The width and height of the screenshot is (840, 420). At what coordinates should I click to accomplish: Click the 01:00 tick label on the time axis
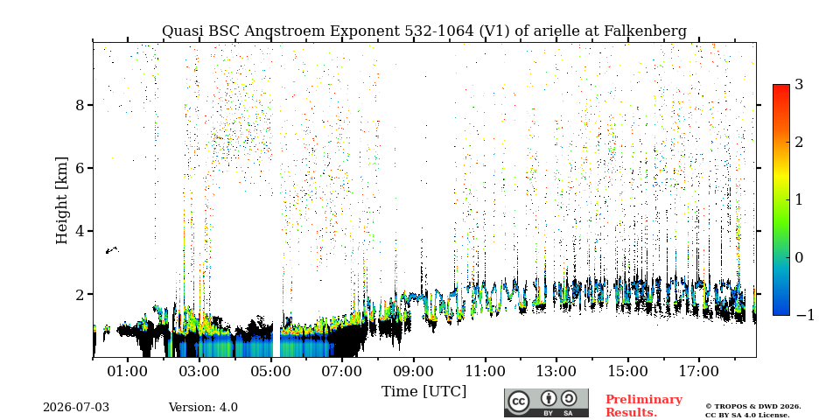(x=128, y=371)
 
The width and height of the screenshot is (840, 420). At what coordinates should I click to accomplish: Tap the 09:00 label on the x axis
(x=413, y=371)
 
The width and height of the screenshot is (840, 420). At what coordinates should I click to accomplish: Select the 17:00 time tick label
(x=698, y=371)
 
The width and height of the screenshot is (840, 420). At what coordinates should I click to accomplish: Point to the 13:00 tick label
(x=556, y=371)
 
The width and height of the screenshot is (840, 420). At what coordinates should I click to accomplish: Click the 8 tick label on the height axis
(x=80, y=105)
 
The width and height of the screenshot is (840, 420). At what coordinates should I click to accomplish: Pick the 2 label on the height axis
(x=80, y=295)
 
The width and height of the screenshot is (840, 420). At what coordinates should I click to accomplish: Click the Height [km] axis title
(x=62, y=200)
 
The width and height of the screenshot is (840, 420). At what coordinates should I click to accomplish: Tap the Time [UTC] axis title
(x=423, y=392)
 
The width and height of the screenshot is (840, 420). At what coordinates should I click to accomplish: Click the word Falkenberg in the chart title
(x=645, y=31)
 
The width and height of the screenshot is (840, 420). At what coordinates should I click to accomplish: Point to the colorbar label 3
(x=799, y=85)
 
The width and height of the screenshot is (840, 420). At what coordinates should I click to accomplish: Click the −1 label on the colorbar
(x=805, y=315)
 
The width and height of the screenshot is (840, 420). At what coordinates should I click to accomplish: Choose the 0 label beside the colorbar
(x=799, y=257)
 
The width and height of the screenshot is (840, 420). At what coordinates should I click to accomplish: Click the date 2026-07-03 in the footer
(x=76, y=408)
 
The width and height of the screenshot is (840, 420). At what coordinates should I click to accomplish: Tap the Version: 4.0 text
(x=203, y=408)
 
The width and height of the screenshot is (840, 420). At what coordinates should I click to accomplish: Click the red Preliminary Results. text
(x=644, y=406)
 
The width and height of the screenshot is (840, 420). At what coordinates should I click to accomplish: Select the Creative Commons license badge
(x=546, y=402)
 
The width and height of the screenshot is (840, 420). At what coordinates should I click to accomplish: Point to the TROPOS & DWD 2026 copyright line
(x=753, y=407)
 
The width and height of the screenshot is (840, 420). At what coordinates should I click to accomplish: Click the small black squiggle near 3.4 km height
(x=112, y=250)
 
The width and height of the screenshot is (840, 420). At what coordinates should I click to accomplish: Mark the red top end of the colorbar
(x=781, y=86)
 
